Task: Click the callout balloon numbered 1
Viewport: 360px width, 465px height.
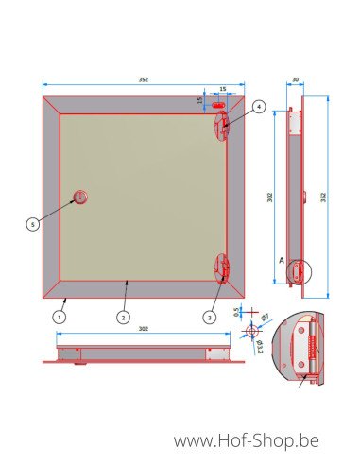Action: point(59,318)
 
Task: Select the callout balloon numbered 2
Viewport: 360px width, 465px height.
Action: point(123,318)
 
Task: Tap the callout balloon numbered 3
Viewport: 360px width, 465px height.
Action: point(209,317)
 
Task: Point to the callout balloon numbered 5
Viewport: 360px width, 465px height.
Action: point(32,224)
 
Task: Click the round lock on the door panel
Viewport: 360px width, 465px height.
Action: point(80,197)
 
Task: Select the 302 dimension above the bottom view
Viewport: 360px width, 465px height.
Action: point(143,330)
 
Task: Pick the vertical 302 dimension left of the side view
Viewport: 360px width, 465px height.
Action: point(270,198)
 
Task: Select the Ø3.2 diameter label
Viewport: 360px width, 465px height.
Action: point(260,344)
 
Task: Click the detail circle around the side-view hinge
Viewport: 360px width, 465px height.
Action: point(299,272)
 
